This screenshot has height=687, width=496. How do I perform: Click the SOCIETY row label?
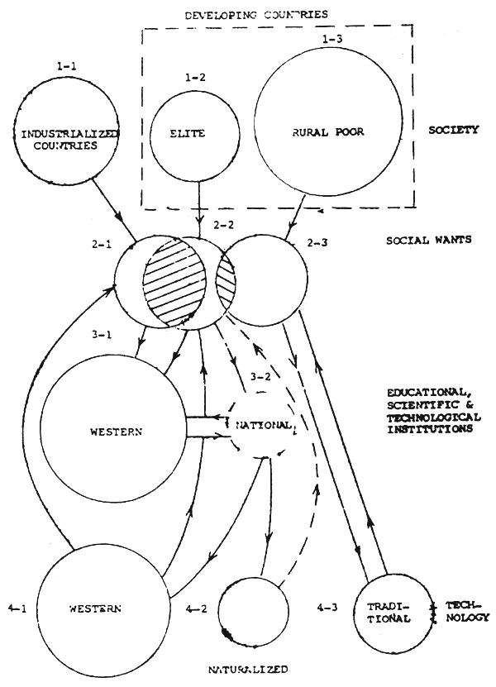454,130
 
